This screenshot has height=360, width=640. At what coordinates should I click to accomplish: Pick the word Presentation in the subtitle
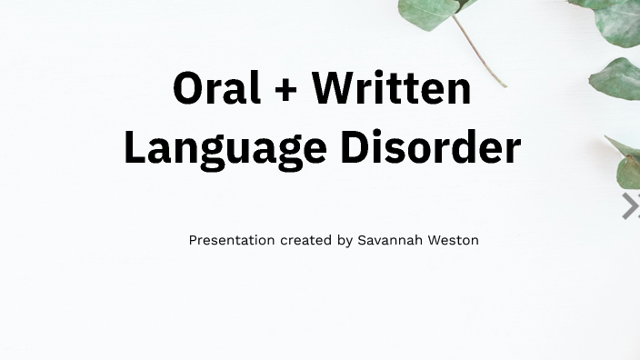(231, 240)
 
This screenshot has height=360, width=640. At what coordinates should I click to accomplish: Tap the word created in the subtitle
(306, 240)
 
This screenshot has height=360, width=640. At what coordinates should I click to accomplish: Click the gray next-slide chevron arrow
(630, 206)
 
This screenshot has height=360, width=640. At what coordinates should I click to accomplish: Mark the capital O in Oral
(187, 89)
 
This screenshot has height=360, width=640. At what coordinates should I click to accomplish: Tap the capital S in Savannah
(362, 240)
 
